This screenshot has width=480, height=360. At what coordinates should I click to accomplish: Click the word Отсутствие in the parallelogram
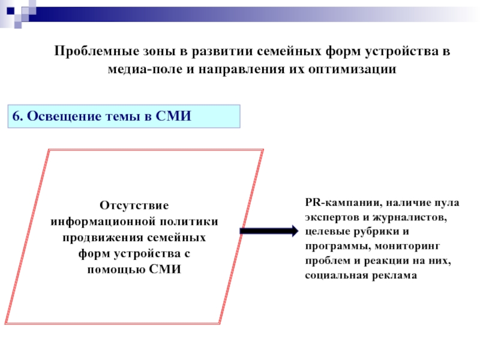pos(134,205)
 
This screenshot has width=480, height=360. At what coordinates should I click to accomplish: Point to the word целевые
pos(325,232)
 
